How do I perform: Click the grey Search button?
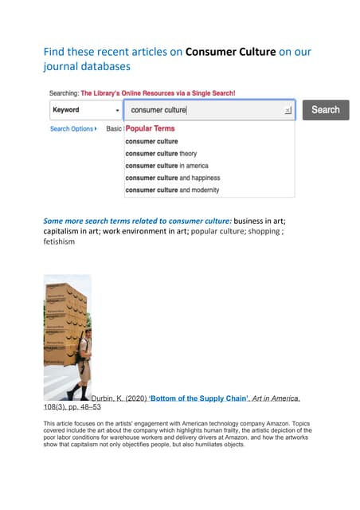point(325,110)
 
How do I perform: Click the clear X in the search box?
point(288,111)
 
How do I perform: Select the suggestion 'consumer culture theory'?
point(161,153)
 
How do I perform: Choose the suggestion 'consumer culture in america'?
point(167,166)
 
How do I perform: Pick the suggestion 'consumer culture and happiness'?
point(172,178)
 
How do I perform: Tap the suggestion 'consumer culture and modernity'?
point(171,190)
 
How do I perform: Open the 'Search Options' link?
point(72,128)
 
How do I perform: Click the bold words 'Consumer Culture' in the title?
point(230,53)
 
